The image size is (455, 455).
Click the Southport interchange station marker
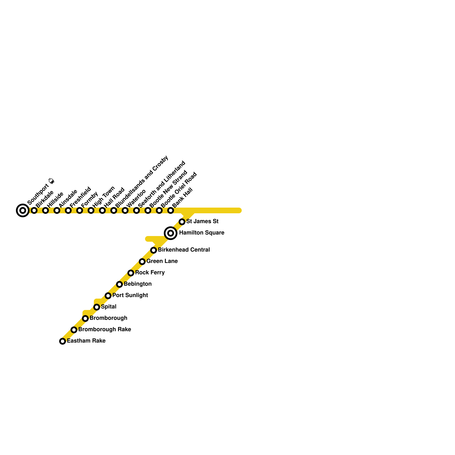(23, 210)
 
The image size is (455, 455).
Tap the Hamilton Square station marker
(171, 233)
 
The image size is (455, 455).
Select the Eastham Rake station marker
(63, 341)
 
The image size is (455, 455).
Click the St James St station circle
(182, 222)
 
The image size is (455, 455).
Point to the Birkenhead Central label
(184, 250)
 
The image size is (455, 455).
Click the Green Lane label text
(162, 261)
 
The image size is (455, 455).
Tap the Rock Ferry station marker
(131, 273)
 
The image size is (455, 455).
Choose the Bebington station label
(138, 284)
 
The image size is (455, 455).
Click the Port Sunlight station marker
(108, 296)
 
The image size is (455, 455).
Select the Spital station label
(109, 307)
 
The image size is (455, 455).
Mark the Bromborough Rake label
(105, 330)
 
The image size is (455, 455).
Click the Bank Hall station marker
(171, 210)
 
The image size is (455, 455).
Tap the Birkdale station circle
(34, 210)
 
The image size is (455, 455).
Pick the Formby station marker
(80, 210)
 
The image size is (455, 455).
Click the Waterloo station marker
(125, 210)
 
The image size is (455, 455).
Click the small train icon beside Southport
(51, 181)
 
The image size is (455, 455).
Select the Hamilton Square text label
(202, 233)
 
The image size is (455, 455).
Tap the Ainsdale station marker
(57, 210)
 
